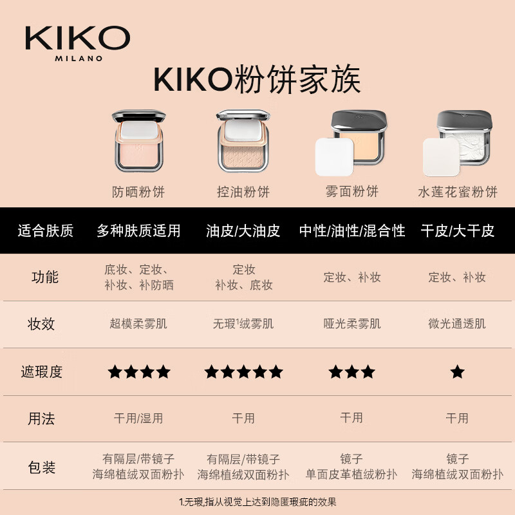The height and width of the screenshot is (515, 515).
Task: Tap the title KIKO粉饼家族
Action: tap(257, 80)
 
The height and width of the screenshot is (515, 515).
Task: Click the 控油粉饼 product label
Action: tap(243, 192)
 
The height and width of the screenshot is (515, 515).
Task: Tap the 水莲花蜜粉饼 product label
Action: tap(457, 192)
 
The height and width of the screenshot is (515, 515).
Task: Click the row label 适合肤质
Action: tap(45, 231)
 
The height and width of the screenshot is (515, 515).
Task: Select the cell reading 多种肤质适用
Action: tap(138, 231)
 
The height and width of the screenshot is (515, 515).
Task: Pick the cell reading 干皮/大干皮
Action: tap(457, 231)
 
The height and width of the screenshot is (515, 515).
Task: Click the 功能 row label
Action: tap(45, 277)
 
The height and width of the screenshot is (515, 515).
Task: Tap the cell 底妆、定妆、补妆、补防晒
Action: tap(138, 277)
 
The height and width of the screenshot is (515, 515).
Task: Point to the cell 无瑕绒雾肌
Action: tap(243, 324)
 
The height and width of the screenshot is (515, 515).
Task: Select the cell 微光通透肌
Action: tap(457, 324)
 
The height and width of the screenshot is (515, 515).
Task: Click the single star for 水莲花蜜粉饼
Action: tap(457, 371)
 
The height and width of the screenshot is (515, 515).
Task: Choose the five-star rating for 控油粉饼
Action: tap(243, 371)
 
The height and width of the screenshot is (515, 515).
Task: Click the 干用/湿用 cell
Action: tap(138, 418)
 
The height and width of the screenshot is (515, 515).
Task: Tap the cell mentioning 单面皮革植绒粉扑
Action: tap(351, 467)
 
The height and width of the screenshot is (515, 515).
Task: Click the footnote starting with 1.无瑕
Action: tap(257, 501)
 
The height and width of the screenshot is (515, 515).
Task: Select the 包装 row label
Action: tap(42, 466)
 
